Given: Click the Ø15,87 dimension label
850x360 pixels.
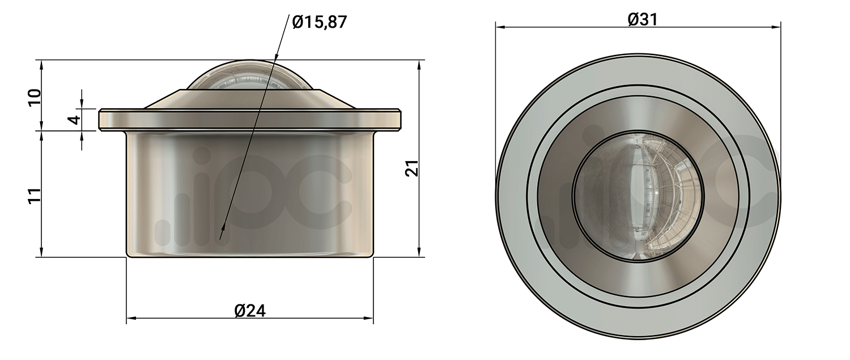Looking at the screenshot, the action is pos(320,22).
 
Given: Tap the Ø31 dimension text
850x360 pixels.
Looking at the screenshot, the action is pos(643,19).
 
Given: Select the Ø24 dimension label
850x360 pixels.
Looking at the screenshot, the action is pos(250,311).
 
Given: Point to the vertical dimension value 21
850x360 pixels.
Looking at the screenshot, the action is pos(412,167).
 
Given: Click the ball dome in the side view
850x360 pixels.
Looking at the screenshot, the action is pos(250,75).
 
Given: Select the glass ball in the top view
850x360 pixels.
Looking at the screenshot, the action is pos(639,196).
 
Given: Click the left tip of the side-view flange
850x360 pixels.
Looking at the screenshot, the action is pos(99,120).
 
